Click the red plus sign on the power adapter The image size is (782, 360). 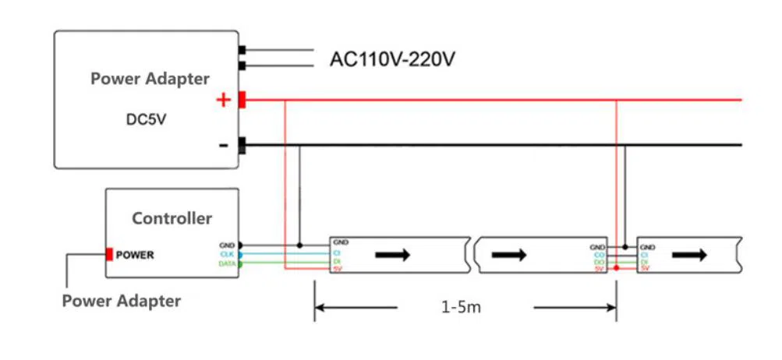(223, 100)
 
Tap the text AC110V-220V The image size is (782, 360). (392, 59)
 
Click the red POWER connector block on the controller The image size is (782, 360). (110, 254)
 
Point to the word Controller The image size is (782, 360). (172, 218)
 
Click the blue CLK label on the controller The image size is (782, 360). (228, 254)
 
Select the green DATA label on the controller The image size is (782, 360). (226, 264)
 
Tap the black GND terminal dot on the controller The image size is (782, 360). (240, 245)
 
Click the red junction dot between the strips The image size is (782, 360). (617, 268)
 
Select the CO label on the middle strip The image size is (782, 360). (600, 254)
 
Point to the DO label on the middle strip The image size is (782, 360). (600, 262)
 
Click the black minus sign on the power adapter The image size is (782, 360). (224, 145)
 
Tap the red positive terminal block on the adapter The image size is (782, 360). (242, 100)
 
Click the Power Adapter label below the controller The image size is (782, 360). (122, 301)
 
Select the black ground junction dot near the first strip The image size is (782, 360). (300, 245)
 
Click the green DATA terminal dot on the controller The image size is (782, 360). (240, 264)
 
